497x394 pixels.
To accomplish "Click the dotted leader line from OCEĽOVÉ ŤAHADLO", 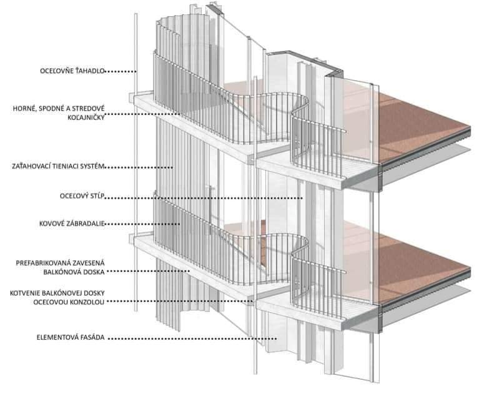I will coord(119,71).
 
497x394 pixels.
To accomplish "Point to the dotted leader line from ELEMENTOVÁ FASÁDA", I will coord(187,338).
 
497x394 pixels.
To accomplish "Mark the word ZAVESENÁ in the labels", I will coord(93,263).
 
